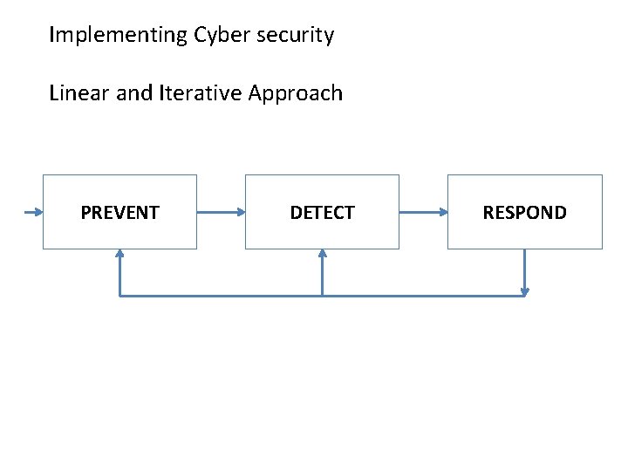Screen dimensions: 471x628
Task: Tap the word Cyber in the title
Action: [x=221, y=36]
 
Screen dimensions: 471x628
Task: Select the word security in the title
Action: [x=294, y=36]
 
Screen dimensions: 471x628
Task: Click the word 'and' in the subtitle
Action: [x=133, y=93]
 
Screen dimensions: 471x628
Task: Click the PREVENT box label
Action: [x=119, y=213]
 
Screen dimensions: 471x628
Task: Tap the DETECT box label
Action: [x=322, y=213]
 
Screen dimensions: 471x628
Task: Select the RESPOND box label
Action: [x=524, y=213]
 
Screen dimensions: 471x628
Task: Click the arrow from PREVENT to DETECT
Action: [x=221, y=212]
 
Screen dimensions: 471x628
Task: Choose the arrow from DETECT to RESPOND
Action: [x=423, y=212]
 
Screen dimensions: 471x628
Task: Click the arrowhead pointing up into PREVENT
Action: [x=119, y=254]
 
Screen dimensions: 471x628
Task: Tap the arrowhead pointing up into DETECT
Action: [x=322, y=254]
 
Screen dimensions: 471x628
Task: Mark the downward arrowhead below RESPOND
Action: [x=524, y=291]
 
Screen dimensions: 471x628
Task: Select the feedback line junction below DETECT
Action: [x=322, y=296]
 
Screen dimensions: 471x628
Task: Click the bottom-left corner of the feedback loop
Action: [x=119, y=296]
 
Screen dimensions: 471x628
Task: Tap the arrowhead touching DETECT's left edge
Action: [x=241, y=212]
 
